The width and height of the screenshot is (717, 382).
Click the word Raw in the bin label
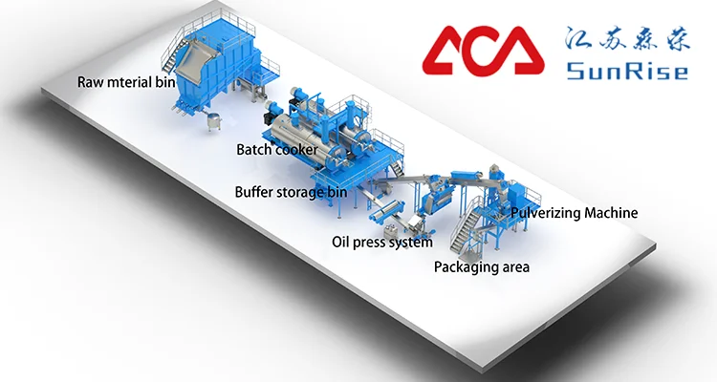pos(90,82)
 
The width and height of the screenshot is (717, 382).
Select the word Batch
pos(254,149)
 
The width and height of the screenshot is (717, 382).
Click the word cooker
pos(296,149)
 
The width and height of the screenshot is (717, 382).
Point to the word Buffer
pos(256,191)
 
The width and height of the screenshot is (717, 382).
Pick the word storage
pos(308,192)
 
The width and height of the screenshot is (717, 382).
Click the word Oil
pos(340,243)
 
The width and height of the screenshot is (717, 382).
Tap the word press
pos(371,244)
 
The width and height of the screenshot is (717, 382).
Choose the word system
pos(413,244)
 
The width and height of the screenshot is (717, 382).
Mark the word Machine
pos(614,212)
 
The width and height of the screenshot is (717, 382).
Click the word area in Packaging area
pos(513,267)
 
